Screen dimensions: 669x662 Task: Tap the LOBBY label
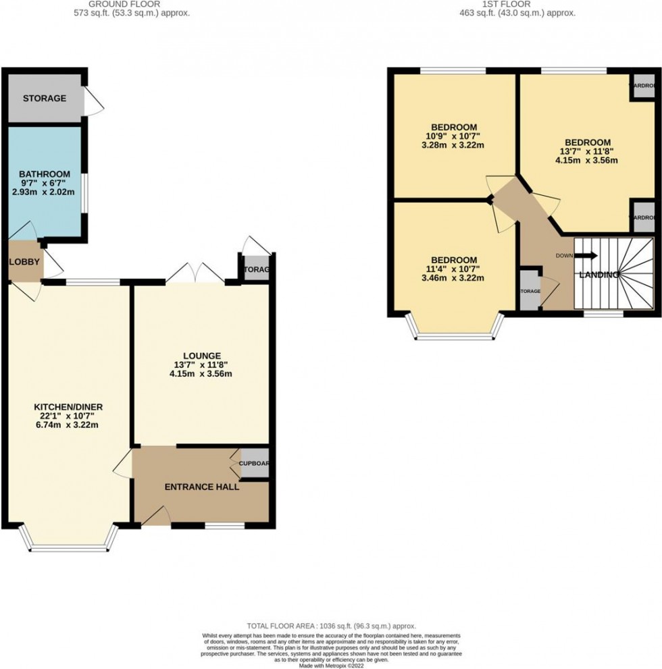coord(24,262)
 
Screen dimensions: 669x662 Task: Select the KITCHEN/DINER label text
coord(68,406)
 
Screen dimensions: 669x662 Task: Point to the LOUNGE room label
coord(201,356)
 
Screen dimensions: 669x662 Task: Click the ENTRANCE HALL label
coord(201,486)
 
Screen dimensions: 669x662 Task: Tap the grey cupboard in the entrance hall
coord(255,464)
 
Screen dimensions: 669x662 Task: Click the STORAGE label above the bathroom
coord(45,99)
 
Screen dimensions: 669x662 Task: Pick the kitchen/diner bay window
coord(69,541)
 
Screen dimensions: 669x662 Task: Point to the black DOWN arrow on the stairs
coord(586,256)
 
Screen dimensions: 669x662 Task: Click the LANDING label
coord(599,275)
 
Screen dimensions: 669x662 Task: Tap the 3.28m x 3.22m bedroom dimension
coord(454,145)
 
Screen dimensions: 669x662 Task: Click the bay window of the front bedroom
coord(454,327)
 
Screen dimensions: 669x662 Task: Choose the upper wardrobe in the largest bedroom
coord(643,87)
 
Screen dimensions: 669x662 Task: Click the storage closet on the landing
coord(530,291)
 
